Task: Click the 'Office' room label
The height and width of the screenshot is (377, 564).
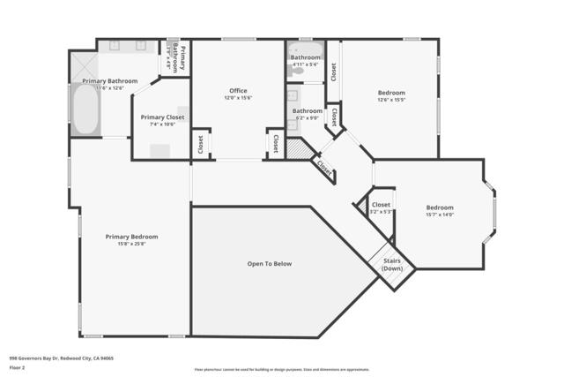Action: point(238,91)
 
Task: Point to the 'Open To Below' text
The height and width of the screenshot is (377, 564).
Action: point(269,263)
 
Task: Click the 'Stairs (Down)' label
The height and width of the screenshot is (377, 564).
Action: point(392,264)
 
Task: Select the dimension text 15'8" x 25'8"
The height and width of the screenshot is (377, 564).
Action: point(131,244)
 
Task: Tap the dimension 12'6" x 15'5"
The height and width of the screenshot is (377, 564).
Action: point(391,100)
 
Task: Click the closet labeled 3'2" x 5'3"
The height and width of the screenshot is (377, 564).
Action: point(381,208)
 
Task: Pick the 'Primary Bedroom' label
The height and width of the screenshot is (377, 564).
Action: point(131,236)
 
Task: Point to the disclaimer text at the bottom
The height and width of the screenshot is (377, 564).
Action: point(282,369)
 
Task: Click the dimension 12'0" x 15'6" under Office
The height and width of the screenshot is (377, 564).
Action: point(238,98)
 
